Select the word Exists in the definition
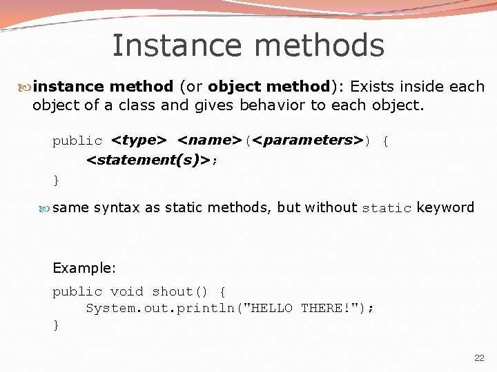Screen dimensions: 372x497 pyautogui.click(x=373, y=87)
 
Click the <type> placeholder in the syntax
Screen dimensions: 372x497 pyautogui.click(x=139, y=141)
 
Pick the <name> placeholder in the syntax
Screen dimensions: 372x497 pyautogui.click(x=209, y=141)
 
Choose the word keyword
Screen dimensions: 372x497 pyautogui.click(x=445, y=207)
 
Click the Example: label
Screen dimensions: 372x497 pyautogui.click(x=84, y=268)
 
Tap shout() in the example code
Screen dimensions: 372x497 pyautogui.click(x=181, y=292)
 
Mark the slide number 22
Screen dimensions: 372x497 pyautogui.click(x=479, y=358)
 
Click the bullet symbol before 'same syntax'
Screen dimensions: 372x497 pyautogui.click(x=46, y=207)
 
